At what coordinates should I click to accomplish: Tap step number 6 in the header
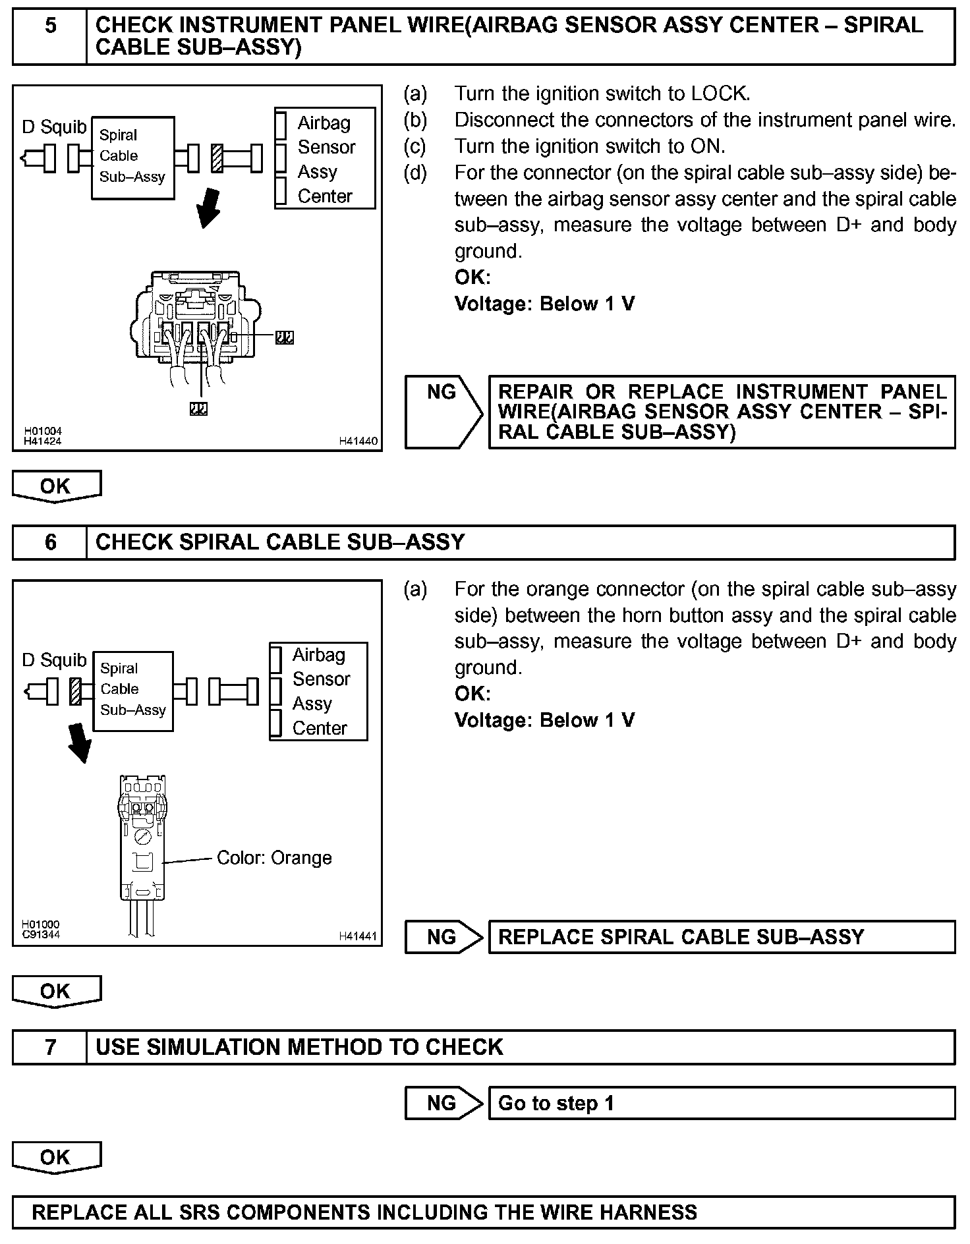coord(50,542)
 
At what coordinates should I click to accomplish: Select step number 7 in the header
coord(50,1047)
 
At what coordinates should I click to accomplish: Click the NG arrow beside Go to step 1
coord(443,1103)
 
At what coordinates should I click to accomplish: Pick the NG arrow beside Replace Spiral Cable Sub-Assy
coord(443,937)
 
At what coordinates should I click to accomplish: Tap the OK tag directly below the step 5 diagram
coord(56,486)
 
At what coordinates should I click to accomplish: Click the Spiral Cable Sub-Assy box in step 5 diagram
coord(132,157)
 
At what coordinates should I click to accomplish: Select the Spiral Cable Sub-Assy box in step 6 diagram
coord(132,691)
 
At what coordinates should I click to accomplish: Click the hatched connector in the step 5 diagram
coord(217,158)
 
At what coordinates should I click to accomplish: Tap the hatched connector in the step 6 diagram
coord(76,691)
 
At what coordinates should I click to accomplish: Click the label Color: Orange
coord(274,858)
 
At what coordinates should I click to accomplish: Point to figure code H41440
coord(358,441)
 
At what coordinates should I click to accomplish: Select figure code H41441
coord(358,936)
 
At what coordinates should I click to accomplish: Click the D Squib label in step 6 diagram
coord(54,660)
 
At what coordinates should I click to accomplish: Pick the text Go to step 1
coord(556,1103)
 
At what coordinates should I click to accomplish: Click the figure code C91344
coord(41,934)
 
